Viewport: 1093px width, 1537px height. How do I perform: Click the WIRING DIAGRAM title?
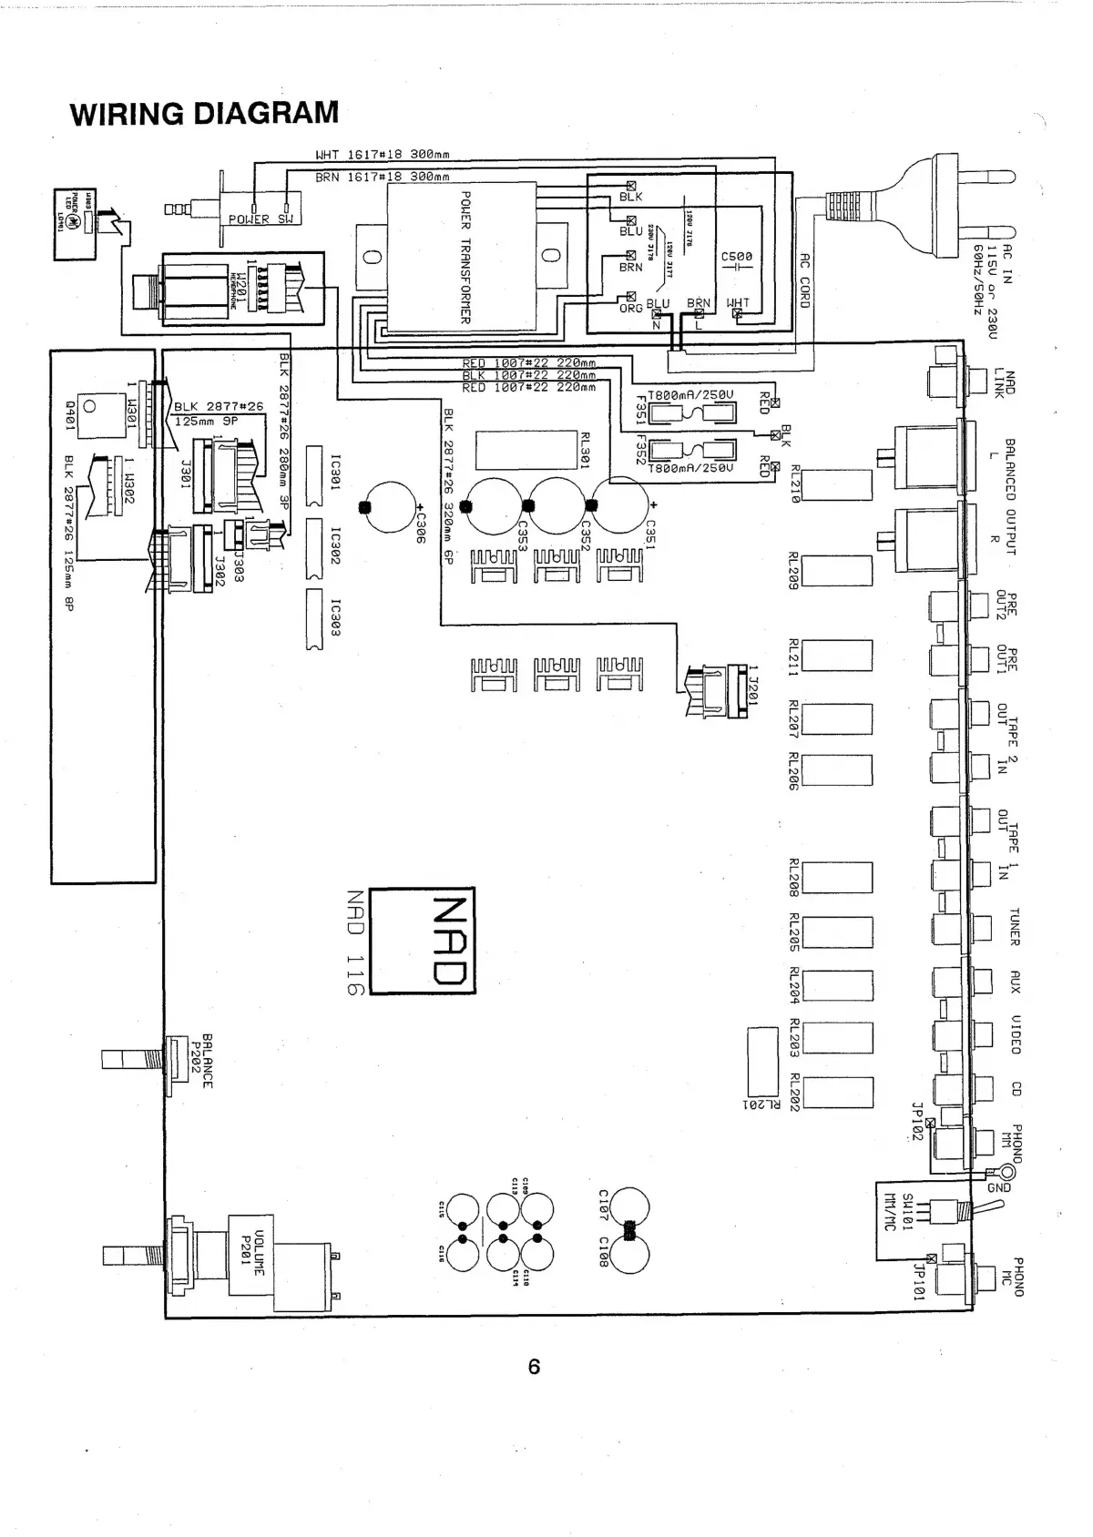[204, 114]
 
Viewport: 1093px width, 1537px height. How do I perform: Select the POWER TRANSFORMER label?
[465, 257]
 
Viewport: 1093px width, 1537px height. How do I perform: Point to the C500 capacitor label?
[737, 257]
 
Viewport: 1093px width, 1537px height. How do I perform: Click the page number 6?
[534, 1366]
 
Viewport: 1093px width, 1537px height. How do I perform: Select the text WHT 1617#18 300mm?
[382, 155]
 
